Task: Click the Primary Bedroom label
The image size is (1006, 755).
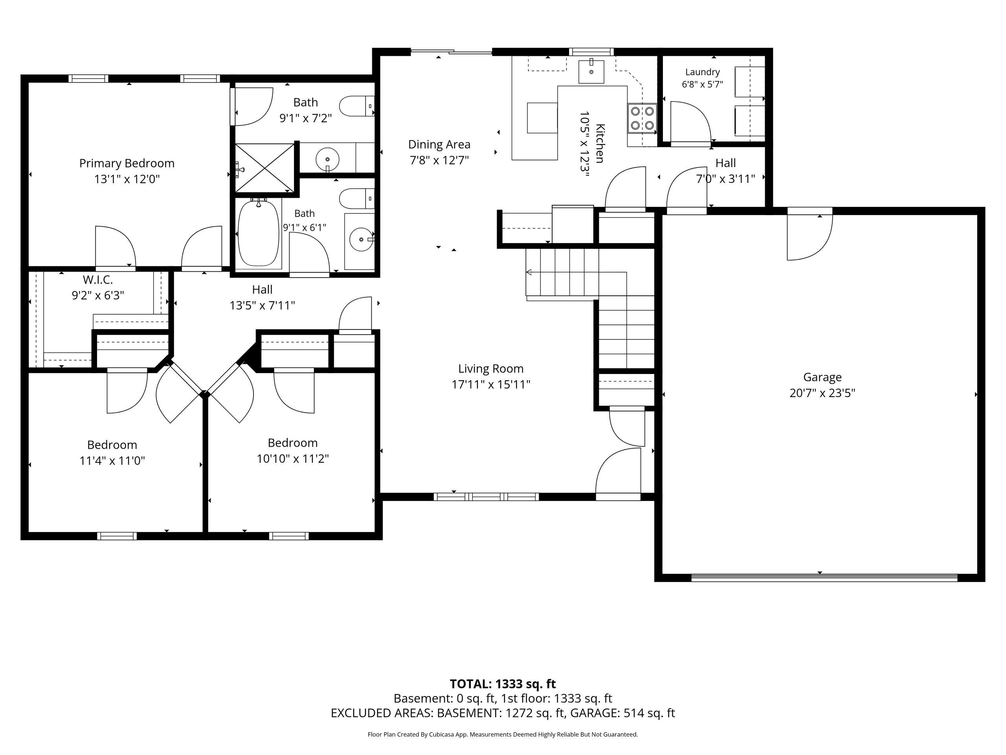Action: [127, 163]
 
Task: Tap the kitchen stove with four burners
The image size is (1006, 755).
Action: [642, 118]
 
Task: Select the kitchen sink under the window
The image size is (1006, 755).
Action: [591, 72]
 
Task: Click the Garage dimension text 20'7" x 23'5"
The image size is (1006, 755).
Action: [822, 393]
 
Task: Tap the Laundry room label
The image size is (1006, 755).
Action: [703, 72]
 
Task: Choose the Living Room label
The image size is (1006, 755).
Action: [491, 368]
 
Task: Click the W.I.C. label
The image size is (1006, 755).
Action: [98, 280]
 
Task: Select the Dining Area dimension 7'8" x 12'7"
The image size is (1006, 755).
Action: [439, 160]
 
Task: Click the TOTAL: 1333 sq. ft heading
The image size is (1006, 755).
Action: [503, 683]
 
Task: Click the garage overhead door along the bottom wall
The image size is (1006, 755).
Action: [824, 578]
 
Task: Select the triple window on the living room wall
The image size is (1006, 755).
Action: [486, 497]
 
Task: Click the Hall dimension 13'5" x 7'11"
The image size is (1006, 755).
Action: [263, 306]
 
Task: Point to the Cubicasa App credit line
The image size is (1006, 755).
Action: [503, 734]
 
